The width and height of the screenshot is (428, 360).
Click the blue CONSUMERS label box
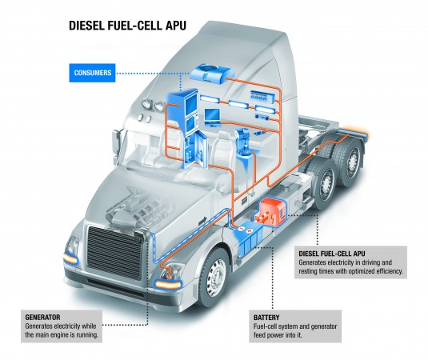[92, 73]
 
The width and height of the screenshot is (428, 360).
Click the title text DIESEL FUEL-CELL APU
[127, 26]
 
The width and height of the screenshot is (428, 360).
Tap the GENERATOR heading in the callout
[42, 317]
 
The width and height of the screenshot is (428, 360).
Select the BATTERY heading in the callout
[266, 318]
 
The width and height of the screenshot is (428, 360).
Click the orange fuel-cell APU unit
[270, 212]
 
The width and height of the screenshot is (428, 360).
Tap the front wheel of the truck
[214, 277]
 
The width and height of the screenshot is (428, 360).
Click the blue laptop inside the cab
[212, 118]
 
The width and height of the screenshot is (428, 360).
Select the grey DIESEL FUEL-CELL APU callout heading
[332, 254]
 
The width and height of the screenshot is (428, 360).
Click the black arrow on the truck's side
[203, 221]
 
